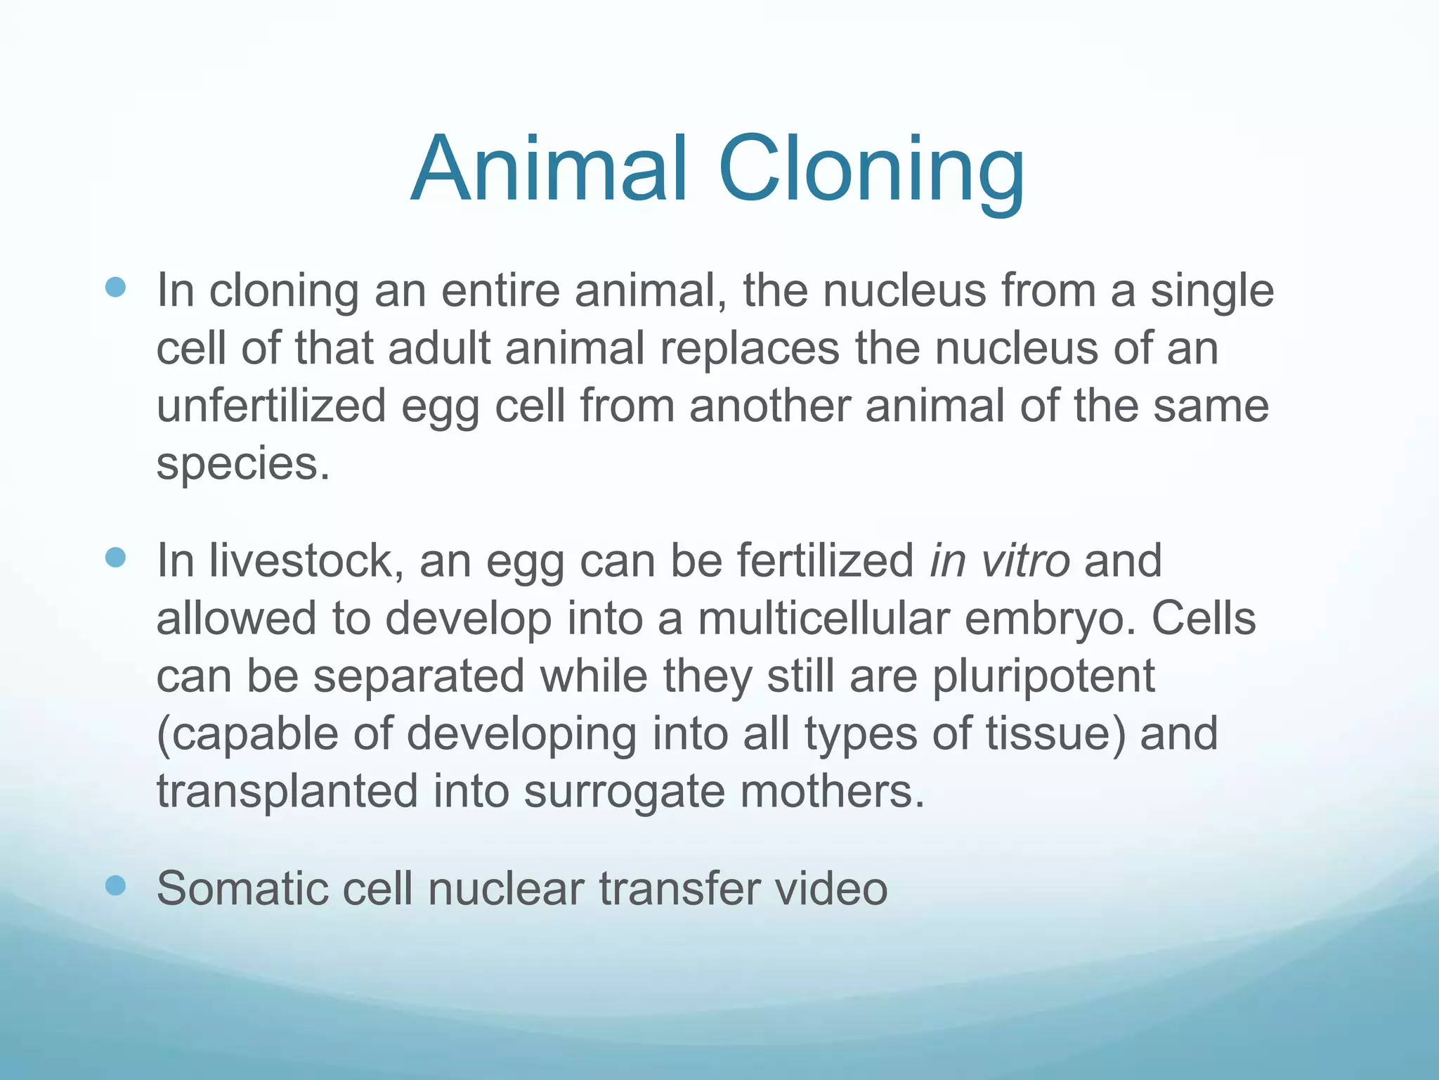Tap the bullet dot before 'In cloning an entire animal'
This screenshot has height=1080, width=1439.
[x=115, y=288]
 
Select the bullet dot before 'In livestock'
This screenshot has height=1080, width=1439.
[x=115, y=558]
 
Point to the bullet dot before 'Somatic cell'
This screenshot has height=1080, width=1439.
[x=115, y=886]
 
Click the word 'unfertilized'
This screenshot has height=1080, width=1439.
[x=271, y=407]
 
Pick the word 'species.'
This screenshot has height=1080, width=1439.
[x=242, y=465]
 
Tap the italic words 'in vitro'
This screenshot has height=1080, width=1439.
[x=999, y=561]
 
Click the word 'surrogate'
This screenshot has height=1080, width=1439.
[x=624, y=792]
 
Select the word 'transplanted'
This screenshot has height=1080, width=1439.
[x=287, y=792]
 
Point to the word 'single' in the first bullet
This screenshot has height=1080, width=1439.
[x=1212, y=291]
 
